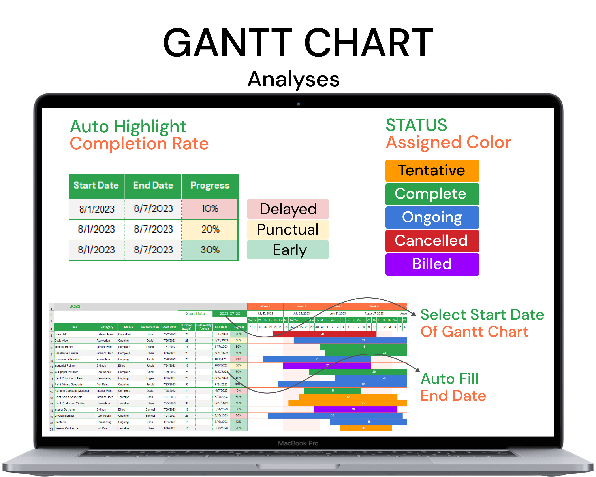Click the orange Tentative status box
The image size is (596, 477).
(x=432, y=170)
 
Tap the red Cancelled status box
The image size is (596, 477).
(x=432, y=241)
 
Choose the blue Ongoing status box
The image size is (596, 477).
(x=432, y=218)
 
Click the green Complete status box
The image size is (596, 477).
(x=432, y=194)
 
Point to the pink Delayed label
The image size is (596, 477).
(x=288, y=209)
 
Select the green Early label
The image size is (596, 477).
(x=288, y=250)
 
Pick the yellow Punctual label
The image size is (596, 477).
(x=288, y=229)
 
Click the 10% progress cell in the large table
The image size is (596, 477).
(x=210, y=209)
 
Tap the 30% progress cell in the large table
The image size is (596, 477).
(x=210, y=250)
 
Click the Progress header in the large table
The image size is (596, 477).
(x=210, y=185)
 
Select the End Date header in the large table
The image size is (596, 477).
(x=153, y=185)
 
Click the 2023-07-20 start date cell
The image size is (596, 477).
(x=230, y=314)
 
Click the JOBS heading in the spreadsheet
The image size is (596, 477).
(x=75, y=306)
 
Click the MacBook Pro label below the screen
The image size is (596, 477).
(x=298, y=443)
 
